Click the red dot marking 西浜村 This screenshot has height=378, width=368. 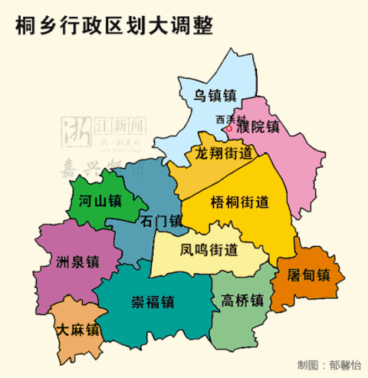pos(228,128)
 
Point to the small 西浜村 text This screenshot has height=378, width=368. pos(229,120)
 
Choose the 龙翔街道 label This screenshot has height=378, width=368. pos(224,153)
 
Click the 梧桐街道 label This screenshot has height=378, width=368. pos(239,203)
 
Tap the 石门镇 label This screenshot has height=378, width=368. pos(163,221)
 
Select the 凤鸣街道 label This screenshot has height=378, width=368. pos(209,249)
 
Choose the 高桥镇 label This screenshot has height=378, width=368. pos(241,300)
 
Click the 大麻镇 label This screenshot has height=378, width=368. pos(79,330)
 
